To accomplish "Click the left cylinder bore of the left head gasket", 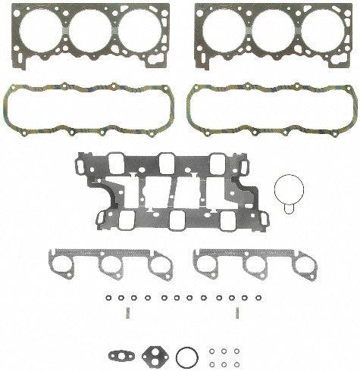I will pyautogui.click(x=38, y=35).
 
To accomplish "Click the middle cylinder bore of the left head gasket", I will pyautogui.click(x=90, y=35).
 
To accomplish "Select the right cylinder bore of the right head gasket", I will pyautogui.click(x=323, y=35).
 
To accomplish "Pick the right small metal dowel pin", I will pyautogui.click(x=236, y=313).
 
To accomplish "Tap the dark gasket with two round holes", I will pyautogui.click(x=153, y=355).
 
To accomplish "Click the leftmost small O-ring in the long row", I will pyautogui.click(x=108, y=298).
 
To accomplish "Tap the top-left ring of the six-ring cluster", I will pyautogui.click(x=211, y=351).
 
